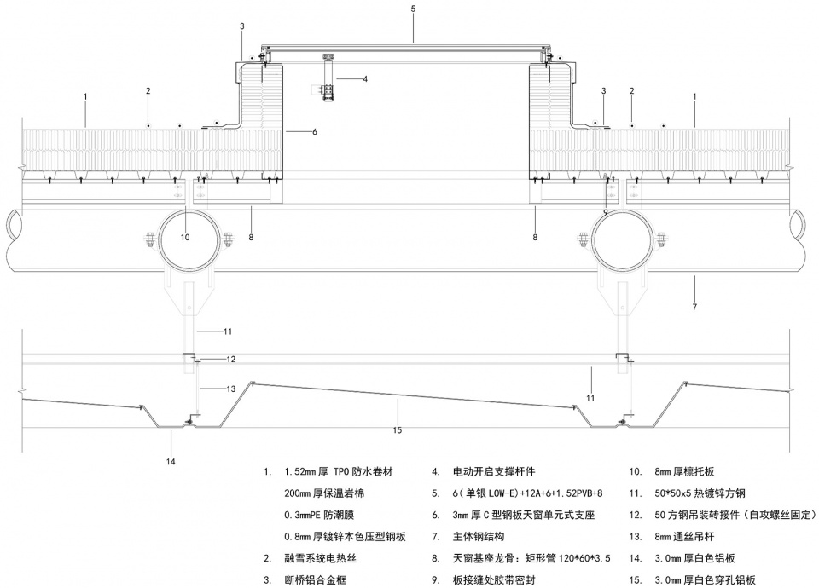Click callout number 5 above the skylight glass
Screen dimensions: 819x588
413,9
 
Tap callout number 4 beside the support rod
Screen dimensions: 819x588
365,79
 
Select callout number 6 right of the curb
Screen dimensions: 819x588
315,132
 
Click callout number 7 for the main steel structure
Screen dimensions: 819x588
694,307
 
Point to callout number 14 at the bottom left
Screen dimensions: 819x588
171,461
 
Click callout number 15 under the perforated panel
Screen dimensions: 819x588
398,430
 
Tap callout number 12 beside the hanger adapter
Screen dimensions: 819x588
231,359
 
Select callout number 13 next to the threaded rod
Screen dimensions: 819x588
231,389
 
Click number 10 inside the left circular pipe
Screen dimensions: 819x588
185,238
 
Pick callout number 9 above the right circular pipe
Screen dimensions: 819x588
606,212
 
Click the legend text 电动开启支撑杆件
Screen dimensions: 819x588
494,472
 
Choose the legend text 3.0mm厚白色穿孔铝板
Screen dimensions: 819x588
706,580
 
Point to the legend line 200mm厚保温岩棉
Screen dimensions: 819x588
324,493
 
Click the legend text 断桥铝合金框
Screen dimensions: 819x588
315,580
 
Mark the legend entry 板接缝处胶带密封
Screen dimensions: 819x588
494,580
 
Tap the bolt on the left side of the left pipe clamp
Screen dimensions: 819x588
148,240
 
